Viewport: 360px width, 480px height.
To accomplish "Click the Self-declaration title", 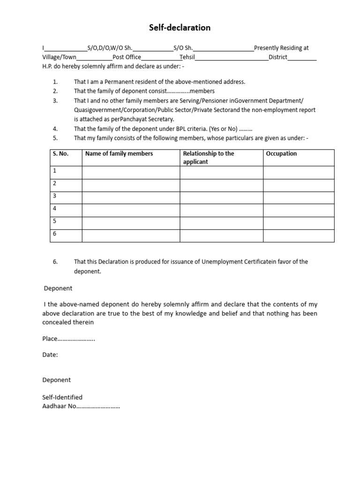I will click(180, 28).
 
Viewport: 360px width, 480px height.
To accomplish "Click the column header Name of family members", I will click(119, 154).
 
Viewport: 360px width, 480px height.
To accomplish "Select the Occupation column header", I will click(281, 154).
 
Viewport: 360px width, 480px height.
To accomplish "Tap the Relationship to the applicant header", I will click(209, 157).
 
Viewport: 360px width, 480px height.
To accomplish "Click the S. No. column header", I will click(60, 154).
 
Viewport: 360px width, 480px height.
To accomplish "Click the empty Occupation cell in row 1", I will click(299, 172).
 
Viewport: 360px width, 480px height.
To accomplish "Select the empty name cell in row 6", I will click(131, 235).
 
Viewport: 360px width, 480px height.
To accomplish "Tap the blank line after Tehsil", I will click(232, 58).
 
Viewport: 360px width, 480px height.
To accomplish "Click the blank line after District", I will click(302, 58).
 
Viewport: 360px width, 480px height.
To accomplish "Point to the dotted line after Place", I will click(76, 339).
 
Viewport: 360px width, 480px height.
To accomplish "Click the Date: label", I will click(50, 355).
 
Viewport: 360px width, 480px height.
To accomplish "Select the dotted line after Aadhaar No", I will click(98, 406).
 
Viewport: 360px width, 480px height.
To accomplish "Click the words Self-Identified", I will click(62, 397).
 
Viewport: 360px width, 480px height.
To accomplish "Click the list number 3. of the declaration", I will click(55, 100).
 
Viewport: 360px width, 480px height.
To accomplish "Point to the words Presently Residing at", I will click(281, 48).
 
